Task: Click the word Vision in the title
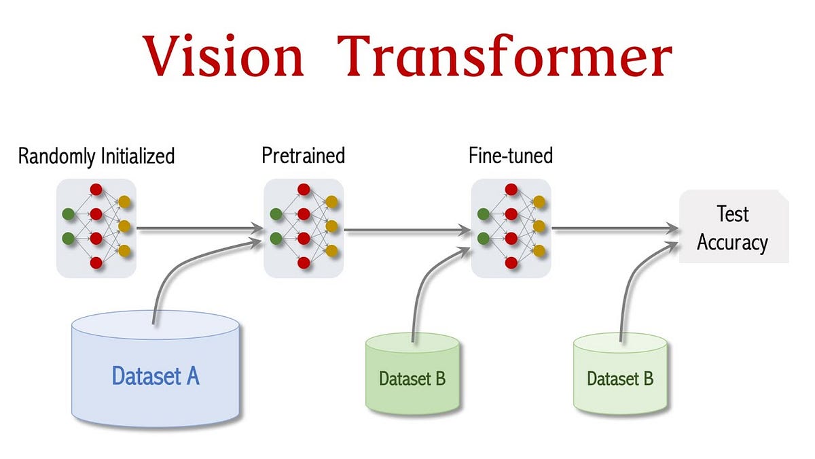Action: click(x=224, y=58)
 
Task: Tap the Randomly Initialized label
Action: click(x=96, y=156)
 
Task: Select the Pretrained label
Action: click(x=304, y=156)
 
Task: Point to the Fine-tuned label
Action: click(x=511, y=156)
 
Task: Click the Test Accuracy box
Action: click(x=733, y=228)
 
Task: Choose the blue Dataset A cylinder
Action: click(x=156, y=374)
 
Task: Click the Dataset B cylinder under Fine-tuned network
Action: click(x=412, y=377)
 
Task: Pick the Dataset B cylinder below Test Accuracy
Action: click(x=620, y=377)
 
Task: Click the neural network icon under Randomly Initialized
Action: click(x=96, y=228)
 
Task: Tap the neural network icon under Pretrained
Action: click(x=304, y=228)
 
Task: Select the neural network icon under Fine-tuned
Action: click(x=511, y=228)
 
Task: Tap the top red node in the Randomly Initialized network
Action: click(x=96, y=190)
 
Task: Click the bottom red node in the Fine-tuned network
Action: click(x=511, y=262)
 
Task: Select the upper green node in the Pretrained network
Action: click(x=276, y=214)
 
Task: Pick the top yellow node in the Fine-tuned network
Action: click(x=539, y=202)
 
